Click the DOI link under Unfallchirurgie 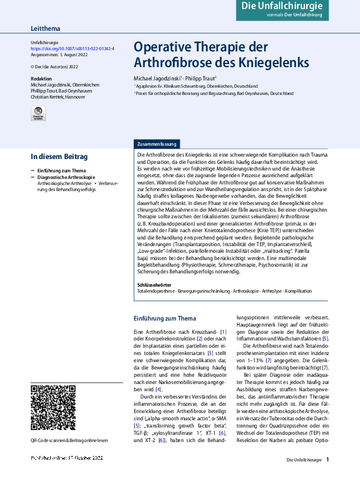tap(72, 48)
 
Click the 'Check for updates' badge tap(38, 113)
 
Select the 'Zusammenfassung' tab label tap(157, 145)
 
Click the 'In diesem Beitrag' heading tap(59, 157)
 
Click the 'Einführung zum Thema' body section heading tap(165, 319)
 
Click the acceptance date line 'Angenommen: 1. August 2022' tap(59, 54)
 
